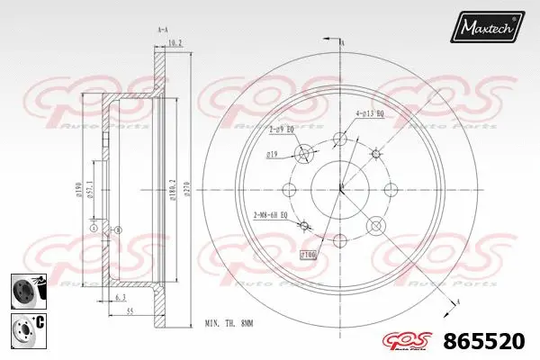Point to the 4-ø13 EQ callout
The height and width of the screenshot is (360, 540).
(371, 113)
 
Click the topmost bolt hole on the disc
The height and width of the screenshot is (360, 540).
(340, 139)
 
